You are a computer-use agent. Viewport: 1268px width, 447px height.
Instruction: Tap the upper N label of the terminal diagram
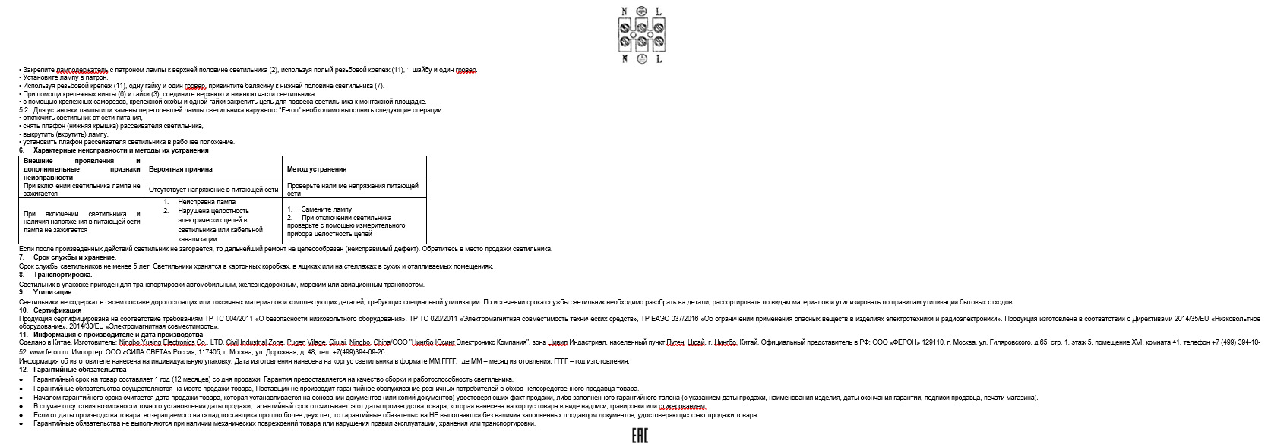[625, 11]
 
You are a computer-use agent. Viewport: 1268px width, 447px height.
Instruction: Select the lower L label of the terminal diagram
[659, 58]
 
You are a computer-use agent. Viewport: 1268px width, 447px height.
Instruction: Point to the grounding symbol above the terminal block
[641, 11]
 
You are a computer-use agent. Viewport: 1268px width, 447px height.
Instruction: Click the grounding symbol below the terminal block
[641, 58]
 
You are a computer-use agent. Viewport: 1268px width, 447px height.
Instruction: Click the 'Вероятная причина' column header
[180, 169]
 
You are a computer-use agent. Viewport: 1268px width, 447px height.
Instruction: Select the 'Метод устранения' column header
[317, 169]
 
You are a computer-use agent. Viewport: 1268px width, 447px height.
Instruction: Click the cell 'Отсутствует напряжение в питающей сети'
[213, 190]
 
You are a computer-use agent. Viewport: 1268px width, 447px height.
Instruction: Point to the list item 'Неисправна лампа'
[207, 203]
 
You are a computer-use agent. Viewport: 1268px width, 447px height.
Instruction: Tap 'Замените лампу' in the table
[326, 209]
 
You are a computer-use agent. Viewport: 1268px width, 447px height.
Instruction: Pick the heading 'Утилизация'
[53, 292]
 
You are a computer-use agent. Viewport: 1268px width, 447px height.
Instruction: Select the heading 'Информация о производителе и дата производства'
[118, 335]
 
